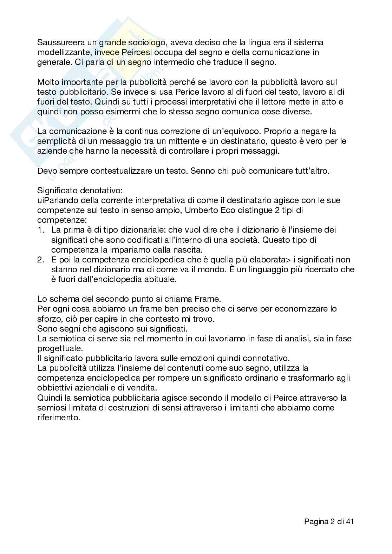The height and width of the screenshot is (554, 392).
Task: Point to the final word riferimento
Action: (x=59, y=418)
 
